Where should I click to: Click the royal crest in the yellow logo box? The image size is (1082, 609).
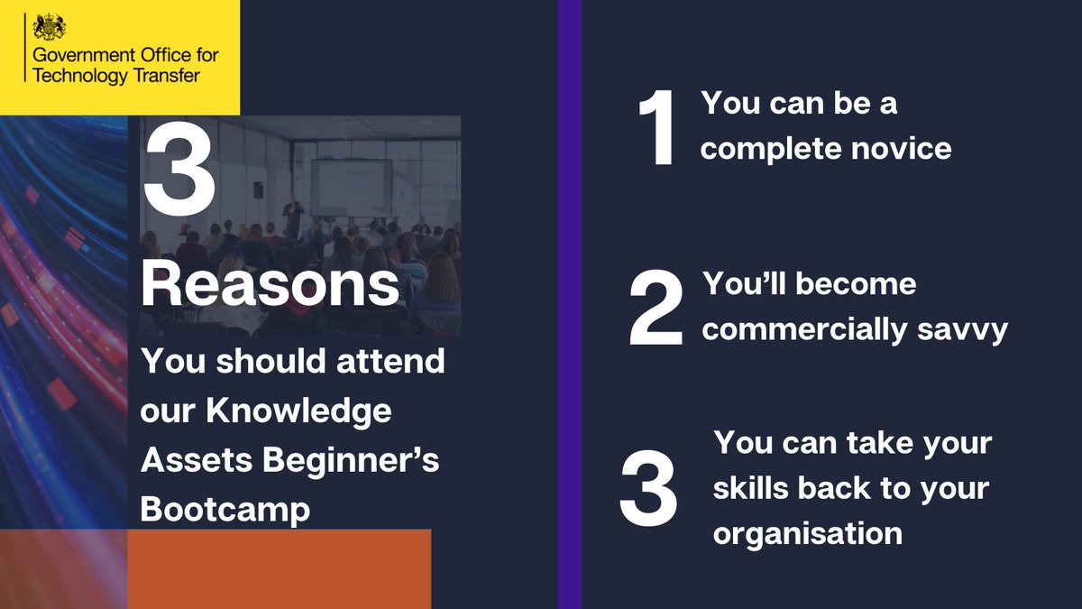(x=47, y=28)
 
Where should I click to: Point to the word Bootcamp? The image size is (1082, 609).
(x=225, y=508)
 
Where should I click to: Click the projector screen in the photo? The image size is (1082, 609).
(x=351, y=186)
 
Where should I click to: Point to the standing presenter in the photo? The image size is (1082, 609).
(x=291, y=217)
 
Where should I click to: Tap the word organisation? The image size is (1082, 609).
(x=807, y=532)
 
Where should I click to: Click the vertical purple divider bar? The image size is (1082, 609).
(x=570, y=304)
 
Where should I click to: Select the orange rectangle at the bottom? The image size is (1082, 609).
(x=279, y=568)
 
